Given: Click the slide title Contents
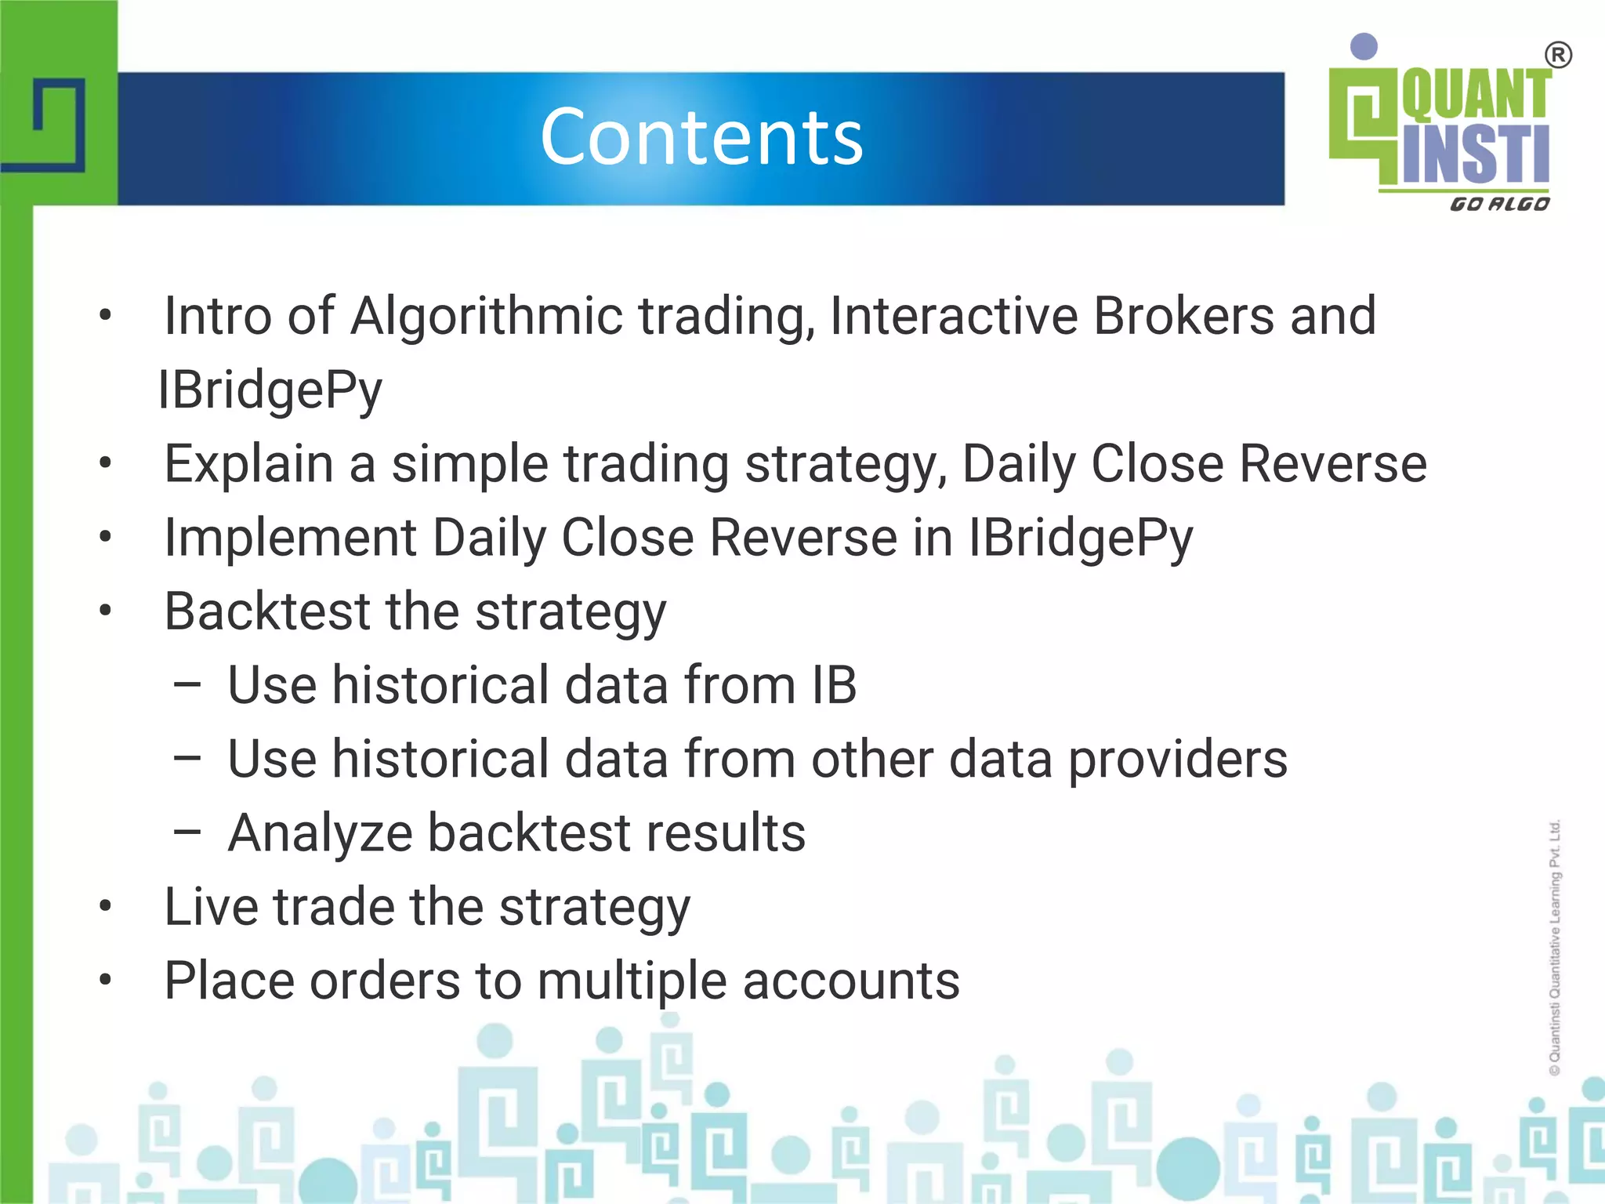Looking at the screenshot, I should click(x=701, y=138).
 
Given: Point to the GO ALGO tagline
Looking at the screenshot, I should click(x=1499, y=205).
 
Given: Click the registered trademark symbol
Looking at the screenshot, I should click(x=1558, y=56).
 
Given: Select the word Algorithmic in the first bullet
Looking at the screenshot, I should click(x=486, y=316).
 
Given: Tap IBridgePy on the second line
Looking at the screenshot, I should click(x=270, y=390).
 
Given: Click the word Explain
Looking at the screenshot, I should click(x=248, y=464).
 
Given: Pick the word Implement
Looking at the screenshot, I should click(x=290, y=538).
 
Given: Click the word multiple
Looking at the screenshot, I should click(x=632, y=981).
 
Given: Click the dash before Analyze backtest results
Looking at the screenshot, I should click(x=187, y=833).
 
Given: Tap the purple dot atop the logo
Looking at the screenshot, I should click(x=1364, y=46).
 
